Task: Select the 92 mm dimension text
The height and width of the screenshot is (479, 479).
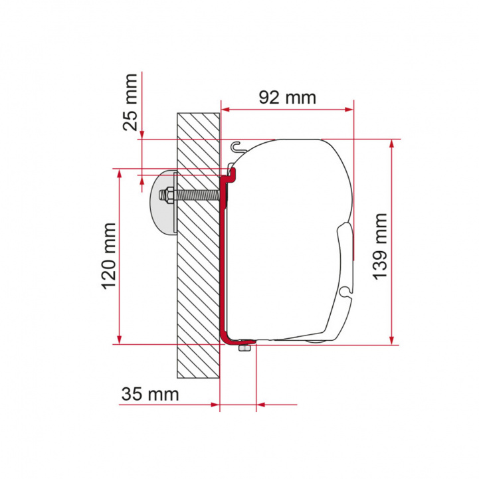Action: [287, 97]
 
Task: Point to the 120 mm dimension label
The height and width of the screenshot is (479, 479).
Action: [108, 258]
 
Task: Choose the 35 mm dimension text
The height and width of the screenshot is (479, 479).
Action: [149, 394]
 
